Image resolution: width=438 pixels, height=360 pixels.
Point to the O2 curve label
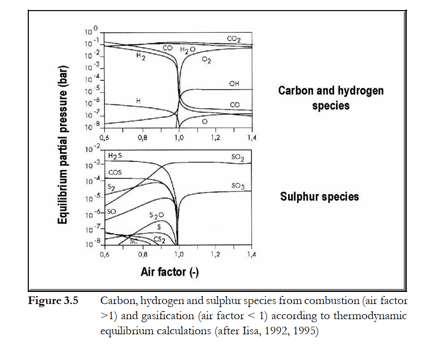[206, 61]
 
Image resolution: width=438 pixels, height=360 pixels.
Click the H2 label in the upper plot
[141, 57]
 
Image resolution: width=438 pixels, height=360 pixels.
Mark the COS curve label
[115, 172]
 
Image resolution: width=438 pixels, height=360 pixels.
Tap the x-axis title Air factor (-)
[170, 273]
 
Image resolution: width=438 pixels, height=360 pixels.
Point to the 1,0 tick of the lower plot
[179, 255]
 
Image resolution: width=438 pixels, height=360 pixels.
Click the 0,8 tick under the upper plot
[142, 137]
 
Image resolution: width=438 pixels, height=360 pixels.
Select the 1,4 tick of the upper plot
[251, 137]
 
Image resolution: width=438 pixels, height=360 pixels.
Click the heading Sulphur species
[319, 196]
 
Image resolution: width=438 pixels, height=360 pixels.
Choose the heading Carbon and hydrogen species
[331, 98]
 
